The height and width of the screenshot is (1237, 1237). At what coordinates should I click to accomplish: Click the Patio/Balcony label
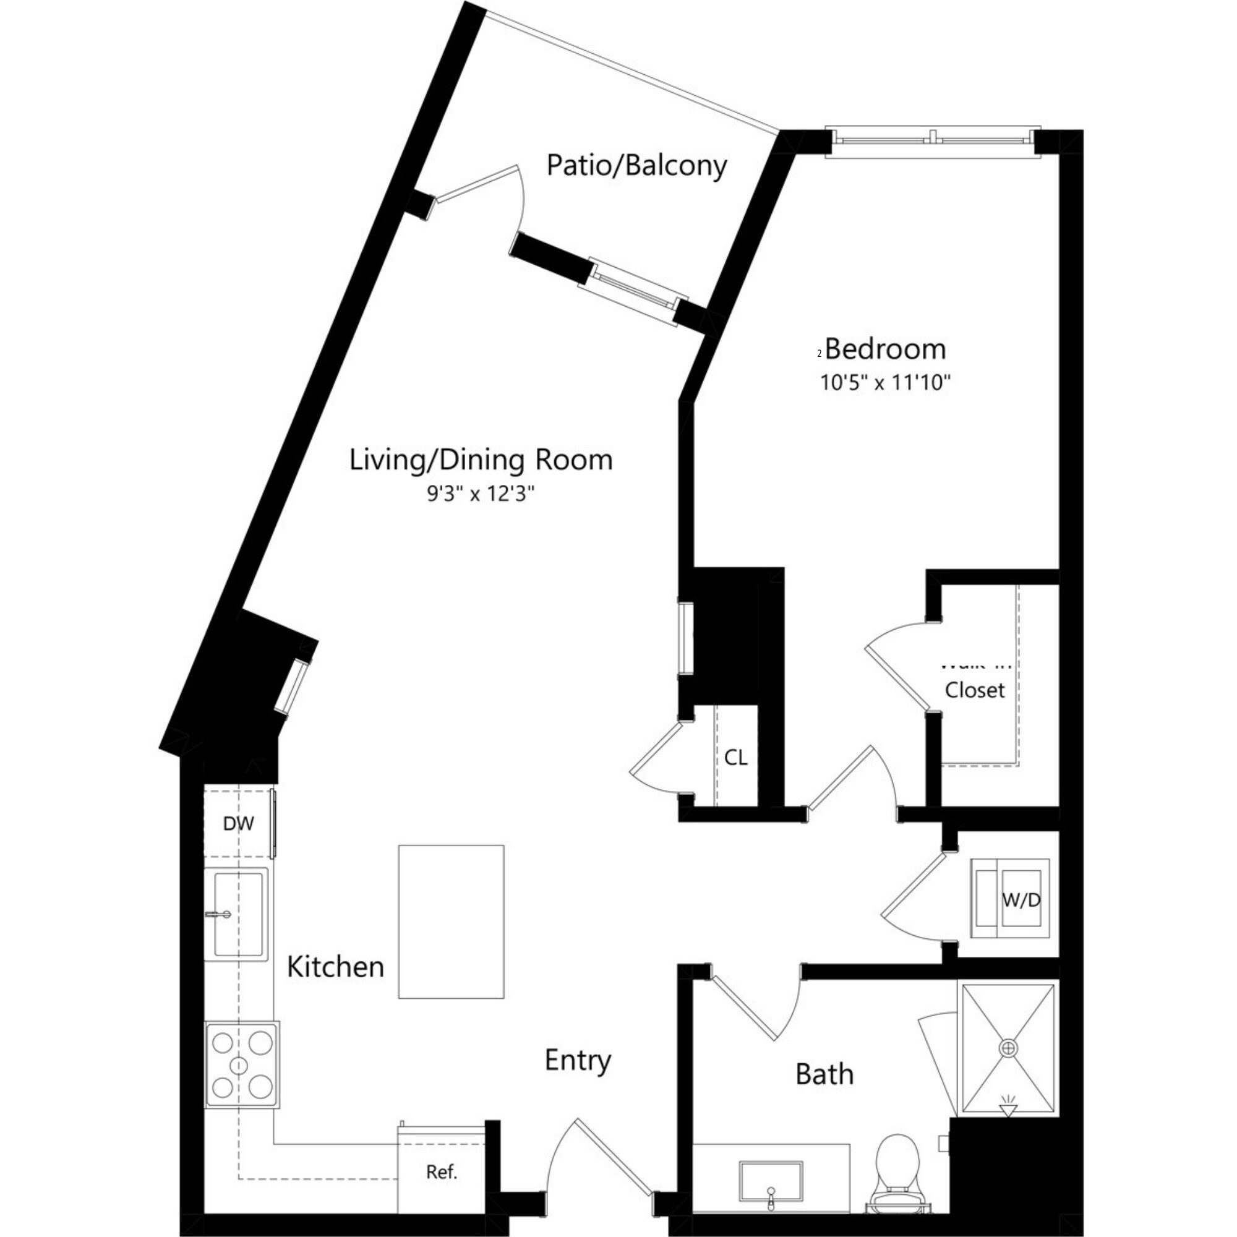pos(636,165)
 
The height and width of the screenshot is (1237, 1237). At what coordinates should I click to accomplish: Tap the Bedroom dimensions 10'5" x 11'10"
pos(886,382)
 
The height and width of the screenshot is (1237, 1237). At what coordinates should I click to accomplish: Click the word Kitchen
pos(335,967)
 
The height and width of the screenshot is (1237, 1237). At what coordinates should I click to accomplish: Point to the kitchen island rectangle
pos(452,922)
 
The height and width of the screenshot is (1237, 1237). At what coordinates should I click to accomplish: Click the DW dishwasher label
pos(238,824)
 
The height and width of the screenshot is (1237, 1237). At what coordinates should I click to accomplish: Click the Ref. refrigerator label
pos(442,1172)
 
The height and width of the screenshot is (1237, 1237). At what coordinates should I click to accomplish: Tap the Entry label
pos(578,1060)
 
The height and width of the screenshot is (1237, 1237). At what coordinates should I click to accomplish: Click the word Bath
pos(824,1074)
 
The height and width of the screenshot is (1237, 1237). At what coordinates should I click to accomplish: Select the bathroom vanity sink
pos(771,1181)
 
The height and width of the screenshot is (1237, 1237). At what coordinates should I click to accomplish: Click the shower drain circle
pos(1008,1048)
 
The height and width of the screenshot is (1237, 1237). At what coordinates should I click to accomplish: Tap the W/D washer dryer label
pos(1021,900)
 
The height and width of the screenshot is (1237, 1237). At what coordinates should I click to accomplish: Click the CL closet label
pos(735,758)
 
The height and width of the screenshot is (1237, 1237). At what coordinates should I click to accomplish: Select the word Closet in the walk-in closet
pos(975,690)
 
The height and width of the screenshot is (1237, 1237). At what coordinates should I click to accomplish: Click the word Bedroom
pos(885,349)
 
